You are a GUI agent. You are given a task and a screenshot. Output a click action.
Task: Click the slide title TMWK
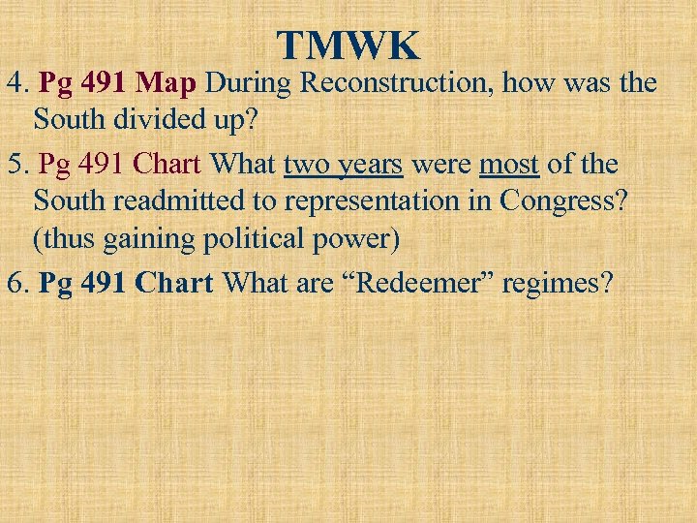click(x=348, y=46)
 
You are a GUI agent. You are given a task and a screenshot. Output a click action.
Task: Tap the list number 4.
click(x=15, y=83)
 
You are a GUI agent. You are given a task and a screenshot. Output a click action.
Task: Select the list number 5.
click(x=15, y=165)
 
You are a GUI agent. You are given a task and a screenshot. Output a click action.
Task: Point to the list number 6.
click(x=15, y=283)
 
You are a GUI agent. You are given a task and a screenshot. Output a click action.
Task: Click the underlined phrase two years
click(x=343, y=165)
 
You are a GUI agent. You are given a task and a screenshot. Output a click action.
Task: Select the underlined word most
click(x=509, y=165)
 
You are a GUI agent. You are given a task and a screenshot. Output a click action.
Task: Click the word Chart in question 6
click(x=175, y=283)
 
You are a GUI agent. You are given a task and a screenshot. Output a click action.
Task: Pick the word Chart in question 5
click(x=169, y=165)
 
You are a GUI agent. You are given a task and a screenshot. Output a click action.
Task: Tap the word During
click(x=249, y=83)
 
